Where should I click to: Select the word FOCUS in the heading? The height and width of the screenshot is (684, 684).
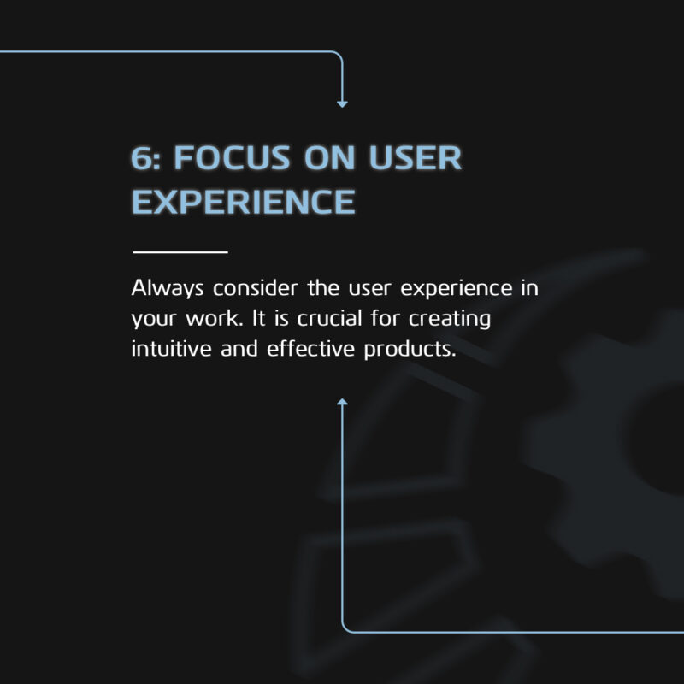[x=232, y=157]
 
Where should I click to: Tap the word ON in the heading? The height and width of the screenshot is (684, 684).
[x=329, y=157]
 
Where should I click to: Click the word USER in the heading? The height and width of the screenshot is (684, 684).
[x=416, y=157]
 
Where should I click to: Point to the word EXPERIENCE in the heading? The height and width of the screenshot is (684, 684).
[x=244, y=202]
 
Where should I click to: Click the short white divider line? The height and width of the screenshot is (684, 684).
[x=180, y=251]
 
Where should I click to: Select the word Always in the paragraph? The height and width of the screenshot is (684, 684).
[x=168, y=289]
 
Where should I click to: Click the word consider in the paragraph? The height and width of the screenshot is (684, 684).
[x=256, y=288]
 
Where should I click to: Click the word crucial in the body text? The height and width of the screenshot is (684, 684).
[x=330, y=318]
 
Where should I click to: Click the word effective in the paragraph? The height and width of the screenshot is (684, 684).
[x=310, y=349]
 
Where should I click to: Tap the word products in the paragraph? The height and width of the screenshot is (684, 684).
[x=410, y=350]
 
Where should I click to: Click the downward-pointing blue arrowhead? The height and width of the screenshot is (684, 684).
[x=343, y=104]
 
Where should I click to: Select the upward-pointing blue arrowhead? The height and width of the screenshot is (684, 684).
[x=343, y=401]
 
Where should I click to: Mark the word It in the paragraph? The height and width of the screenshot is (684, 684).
[x=259, y=318]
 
